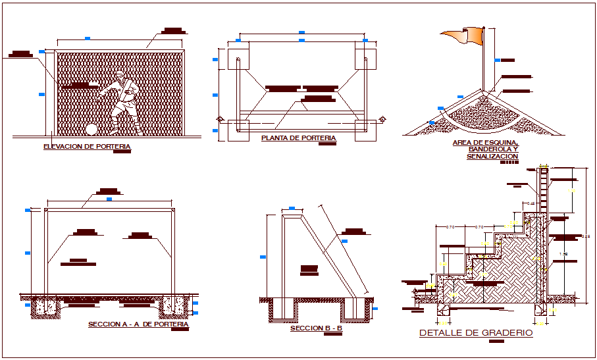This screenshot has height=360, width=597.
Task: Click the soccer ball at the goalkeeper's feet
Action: tap(91, 129)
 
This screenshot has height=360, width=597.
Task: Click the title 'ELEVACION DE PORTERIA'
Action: tap(86, 147)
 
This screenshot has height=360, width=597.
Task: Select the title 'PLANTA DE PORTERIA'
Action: tap(298, 138)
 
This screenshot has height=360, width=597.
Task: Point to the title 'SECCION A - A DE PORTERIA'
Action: tap(138, 324)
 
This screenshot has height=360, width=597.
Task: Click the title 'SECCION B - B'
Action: tap(316, 328)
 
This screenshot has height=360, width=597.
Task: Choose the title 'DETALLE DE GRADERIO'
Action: tap(476, 333)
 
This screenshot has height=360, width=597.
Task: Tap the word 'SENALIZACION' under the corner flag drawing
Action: tap(492, 156)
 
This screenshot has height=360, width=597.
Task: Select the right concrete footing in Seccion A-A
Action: tap(174, 304)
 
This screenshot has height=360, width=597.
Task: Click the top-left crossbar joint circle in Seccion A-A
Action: tap(47, 210)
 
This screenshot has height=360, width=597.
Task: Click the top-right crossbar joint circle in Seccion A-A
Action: tap(174, 210)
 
